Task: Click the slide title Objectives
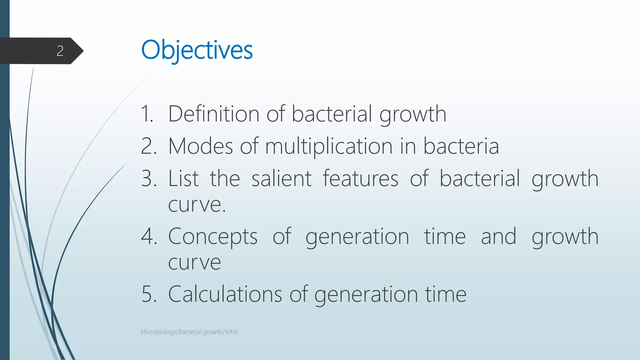click(197, 50)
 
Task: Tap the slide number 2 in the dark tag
click(60, 51)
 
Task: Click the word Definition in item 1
click(213, 114)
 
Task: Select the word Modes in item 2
click(200, 146)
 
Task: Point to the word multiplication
click(329, 147)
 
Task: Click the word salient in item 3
click(281, 178)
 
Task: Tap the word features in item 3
click(360, 178)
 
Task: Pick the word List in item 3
click(183, 178)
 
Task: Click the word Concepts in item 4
click(212, 237)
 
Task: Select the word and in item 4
click(498, 237)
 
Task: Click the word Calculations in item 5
click(225, 294)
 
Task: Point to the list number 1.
click(147, 114)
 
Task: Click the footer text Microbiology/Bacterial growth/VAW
click(189, 332)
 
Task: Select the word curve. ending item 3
click(197, 205)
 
